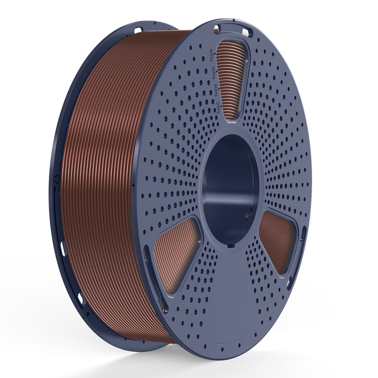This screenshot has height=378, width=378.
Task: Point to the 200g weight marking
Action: [x=208, y=108]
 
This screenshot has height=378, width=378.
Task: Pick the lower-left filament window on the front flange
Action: [x=174, y=249]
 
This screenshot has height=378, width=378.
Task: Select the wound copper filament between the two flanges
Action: [x=110, y=174]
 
